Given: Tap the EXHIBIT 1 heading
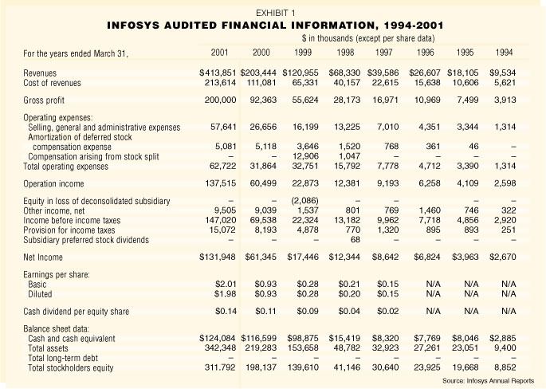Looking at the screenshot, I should [x=273, y=12].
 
